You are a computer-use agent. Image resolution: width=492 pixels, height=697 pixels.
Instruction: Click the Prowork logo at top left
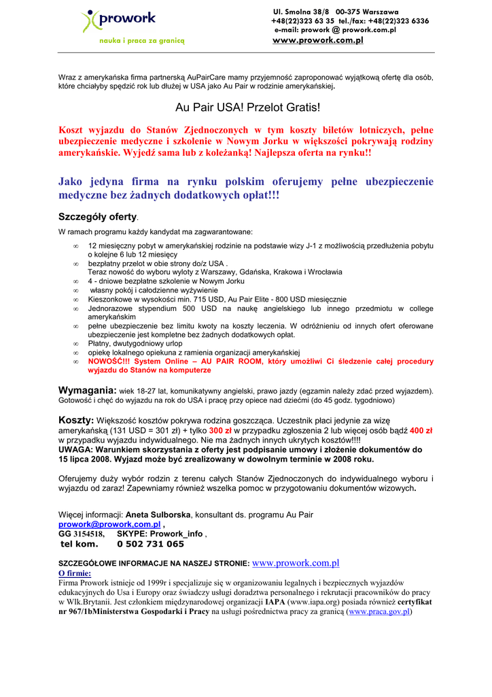pyautogui.click(x=109, y=20)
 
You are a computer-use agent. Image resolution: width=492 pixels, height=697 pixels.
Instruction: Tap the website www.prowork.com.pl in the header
pyautogui.click(x=317, y=40)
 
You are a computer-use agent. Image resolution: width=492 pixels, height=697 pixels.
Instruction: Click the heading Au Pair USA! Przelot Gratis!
pyautogui.click(x=247, y=108)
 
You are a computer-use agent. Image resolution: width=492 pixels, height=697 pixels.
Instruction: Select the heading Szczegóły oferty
pyautogui.click(x=98, y=217)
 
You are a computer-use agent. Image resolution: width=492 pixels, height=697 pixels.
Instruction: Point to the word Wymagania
pyautogui.click(x=88, y=390)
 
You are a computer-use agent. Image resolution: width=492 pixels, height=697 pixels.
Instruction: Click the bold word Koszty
pyautogui.click(x=76, y=421)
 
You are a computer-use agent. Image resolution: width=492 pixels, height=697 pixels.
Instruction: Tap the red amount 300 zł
pyautogui.click(x=221, y=431)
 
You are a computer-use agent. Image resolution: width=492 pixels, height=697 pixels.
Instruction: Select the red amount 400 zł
pyautogui.click(x=421, y=431)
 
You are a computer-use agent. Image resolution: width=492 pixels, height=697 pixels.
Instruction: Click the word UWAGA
pyautogui.click(x=75, y=450)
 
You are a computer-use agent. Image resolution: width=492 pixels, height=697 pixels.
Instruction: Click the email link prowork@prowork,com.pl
pyautogui.click(x=109, y=524)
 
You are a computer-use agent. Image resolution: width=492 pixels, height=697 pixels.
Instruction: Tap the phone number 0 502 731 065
pyautogui.click(x=150, y=544)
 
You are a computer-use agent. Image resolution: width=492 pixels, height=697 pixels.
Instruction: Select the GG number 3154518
pyautogui.click(x=88, y=534)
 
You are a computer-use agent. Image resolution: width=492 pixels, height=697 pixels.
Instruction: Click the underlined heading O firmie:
pyautogui.click(x=75, y=573)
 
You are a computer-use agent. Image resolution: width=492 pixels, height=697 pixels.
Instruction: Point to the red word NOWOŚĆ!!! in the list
pyautogui.click(x=108, y=361)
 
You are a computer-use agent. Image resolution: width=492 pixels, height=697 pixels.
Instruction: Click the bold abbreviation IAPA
pyautogui.click(x=275, y=602)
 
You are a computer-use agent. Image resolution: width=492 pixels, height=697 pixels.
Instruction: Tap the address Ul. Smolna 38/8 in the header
pyautogui.click(x=300, y=12)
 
